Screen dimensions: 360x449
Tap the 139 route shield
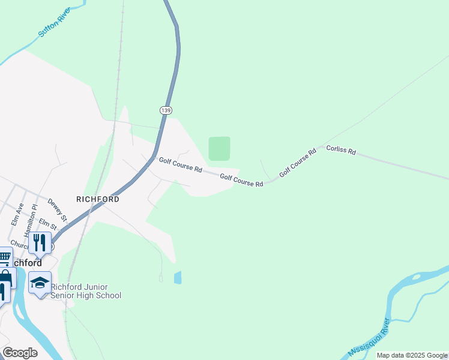166,110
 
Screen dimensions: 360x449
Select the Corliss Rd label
341,150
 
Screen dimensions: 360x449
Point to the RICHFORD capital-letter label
98,199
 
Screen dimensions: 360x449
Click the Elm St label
47,224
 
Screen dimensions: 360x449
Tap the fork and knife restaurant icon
40,242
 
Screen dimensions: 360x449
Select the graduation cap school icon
40,282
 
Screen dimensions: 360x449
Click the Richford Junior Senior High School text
86,291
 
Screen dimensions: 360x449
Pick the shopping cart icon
5,256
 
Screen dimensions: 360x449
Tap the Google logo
20,352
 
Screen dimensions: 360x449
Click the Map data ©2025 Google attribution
412,355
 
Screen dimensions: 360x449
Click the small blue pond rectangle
177,277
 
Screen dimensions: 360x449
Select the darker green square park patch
219,148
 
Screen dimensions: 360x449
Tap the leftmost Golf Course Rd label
180,164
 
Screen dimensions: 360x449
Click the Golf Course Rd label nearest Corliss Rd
298,164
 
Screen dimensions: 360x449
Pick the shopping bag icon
5,277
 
